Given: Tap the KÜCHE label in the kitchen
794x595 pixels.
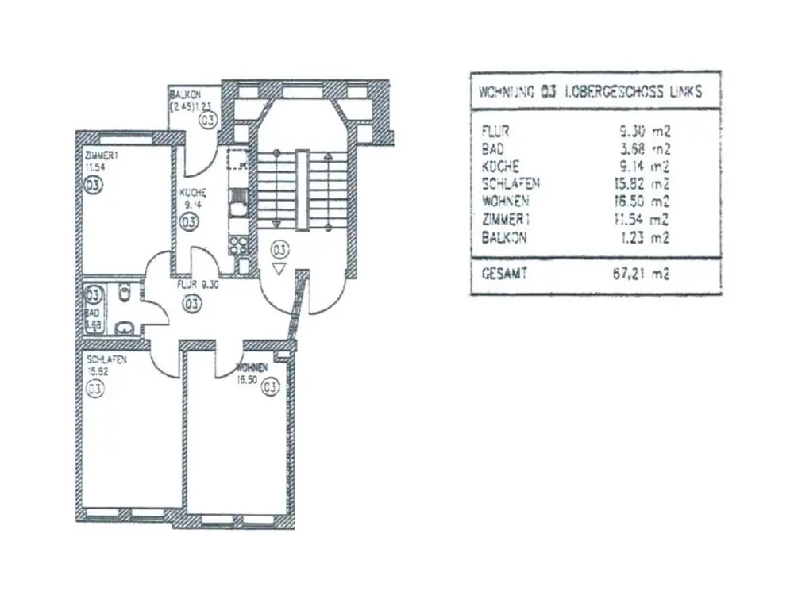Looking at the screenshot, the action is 193,193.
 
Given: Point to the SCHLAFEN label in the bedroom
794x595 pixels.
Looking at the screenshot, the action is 106,359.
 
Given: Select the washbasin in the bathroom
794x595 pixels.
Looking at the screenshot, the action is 124,325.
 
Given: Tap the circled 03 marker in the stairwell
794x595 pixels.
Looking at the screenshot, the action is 279,249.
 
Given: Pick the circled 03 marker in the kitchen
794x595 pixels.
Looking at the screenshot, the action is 188,222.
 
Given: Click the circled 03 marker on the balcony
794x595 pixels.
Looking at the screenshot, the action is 208,120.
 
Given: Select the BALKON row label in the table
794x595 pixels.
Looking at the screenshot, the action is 503,237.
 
